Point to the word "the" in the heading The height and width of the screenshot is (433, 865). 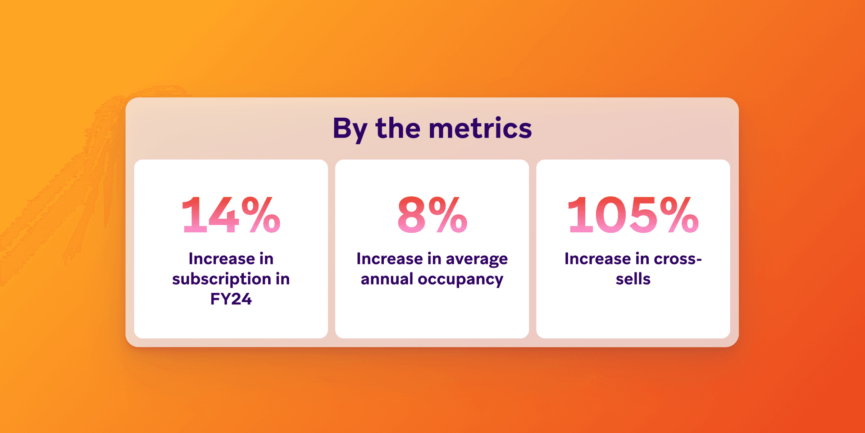398,128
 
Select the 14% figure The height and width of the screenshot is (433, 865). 231,215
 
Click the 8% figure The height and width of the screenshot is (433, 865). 432,215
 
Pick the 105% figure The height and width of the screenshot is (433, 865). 633,215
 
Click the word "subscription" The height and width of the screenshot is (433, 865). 221,279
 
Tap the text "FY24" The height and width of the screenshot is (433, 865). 231,299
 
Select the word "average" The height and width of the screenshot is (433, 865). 477,259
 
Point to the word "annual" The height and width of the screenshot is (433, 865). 387,279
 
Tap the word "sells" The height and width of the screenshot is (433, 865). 633,279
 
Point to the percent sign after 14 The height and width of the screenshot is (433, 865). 260,215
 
